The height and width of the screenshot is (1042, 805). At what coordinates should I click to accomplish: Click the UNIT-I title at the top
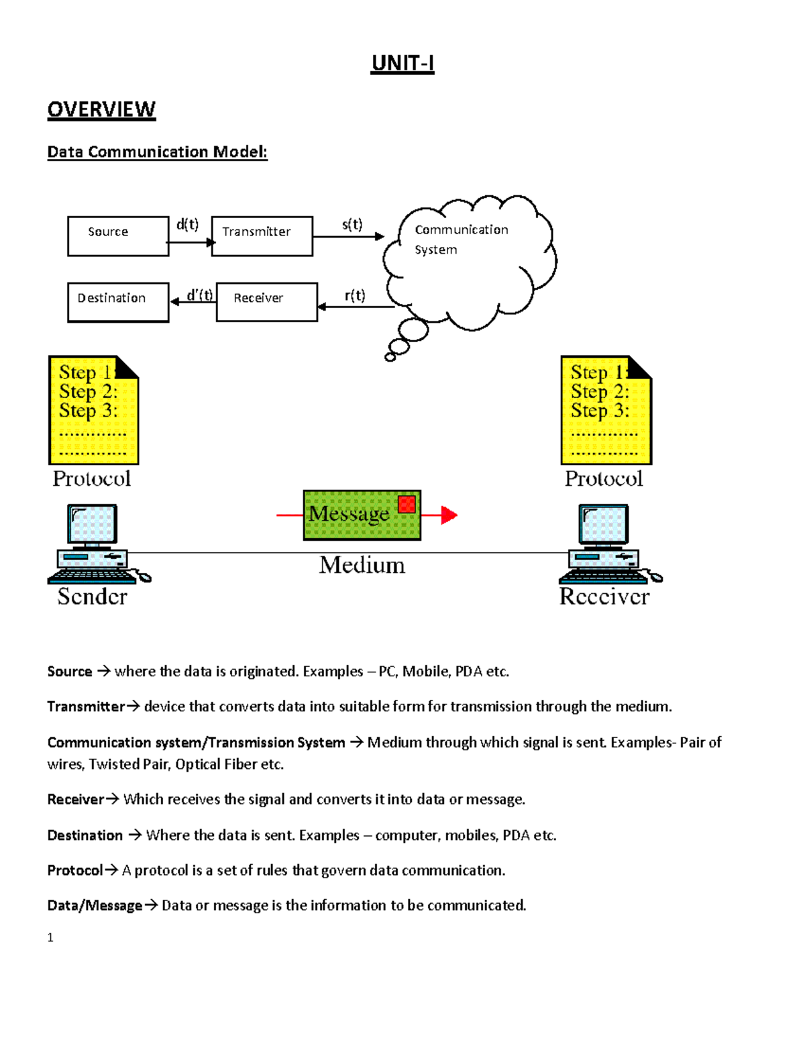[402, 63]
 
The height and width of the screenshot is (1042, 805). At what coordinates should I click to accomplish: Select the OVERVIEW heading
[101, 109]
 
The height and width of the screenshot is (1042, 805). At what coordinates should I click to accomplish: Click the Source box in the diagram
[118, 236]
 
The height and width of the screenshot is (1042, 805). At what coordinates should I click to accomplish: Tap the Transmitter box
[262, 236]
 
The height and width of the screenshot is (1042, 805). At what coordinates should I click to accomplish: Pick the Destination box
[118, 302]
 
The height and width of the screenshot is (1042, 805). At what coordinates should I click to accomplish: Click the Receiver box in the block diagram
[266, 302]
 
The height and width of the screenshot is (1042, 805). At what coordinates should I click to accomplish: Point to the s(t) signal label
[352, 224]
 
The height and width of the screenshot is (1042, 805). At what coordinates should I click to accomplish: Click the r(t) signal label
[355, 295]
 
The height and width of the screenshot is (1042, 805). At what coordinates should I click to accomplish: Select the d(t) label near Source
[187, 224]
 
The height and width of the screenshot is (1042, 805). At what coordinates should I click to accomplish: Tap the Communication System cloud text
[461, 240]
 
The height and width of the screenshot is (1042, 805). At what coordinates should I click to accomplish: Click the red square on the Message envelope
[407, 505]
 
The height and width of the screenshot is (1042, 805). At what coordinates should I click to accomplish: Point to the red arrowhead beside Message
[449, 515]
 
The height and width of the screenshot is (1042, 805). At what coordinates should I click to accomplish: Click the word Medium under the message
[362, 565]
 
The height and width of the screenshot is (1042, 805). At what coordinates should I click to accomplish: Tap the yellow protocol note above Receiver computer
[606, 410]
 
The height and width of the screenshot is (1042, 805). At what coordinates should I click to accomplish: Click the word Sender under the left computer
[92, 596]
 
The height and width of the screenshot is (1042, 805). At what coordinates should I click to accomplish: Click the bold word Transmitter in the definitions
[86, 707]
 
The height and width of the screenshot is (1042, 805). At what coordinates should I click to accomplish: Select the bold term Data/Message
[95, 906]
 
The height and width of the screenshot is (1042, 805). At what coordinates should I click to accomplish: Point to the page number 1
[50, 938]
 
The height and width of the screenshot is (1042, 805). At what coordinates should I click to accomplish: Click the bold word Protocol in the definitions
[75, 870]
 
